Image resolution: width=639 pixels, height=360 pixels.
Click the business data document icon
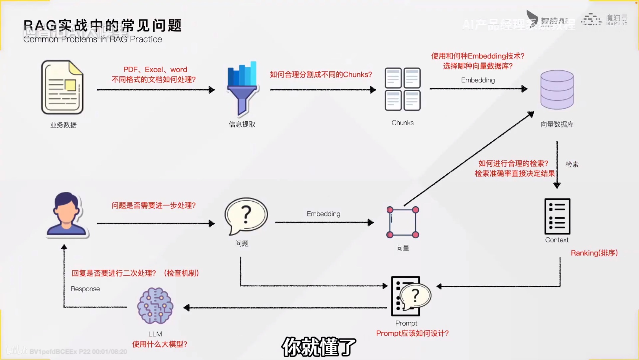(62, 87)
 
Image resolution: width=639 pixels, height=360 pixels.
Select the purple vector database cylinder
(557, 89)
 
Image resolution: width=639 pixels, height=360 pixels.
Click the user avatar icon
(67, 214)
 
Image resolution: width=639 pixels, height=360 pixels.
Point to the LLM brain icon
(155, 306)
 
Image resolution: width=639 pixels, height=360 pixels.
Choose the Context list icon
(557, 216)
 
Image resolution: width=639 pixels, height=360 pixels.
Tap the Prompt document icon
(410, 296)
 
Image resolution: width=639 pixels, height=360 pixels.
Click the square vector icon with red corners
(403, 222)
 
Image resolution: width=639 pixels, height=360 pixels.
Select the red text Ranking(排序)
(594, 253)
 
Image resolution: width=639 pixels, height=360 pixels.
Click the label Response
(85, 289)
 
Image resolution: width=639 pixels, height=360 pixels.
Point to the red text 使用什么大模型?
(159, 344)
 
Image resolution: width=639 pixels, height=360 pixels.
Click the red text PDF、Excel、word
(155, 70)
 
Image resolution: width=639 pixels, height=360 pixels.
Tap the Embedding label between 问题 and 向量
(323, 214)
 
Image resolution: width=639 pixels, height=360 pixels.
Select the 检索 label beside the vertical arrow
(572, 164)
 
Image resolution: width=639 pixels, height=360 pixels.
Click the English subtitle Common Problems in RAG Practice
(93, 39)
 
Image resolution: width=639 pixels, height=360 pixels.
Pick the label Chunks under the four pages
(402, 123)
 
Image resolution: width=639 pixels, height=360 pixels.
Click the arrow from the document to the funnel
(155, 89)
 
